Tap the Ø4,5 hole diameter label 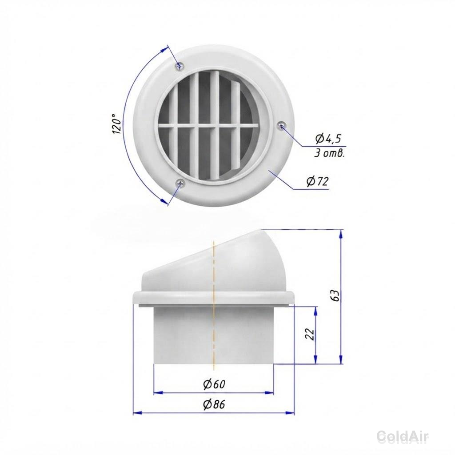[x=328, y=139]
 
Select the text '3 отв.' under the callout [x=329, y=153]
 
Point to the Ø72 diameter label [x=318, y=182]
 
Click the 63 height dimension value [x=335, y=295]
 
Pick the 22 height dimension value [x=310, y=334]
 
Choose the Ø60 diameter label [x=214, y=384]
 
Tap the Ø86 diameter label [x=214, y=404]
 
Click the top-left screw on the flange [x=180, y=66]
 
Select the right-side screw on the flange [x=281, y=125]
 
